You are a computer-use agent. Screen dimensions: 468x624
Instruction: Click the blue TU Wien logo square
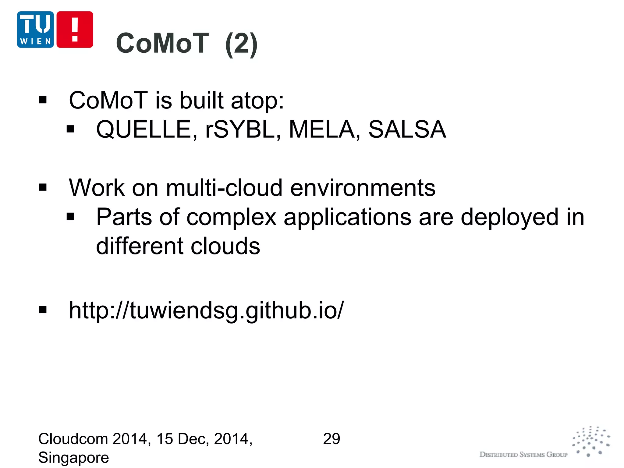pyautogui.click(x=35, y=30)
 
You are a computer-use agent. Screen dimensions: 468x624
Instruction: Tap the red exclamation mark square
pyautogui.click(x=75, y=30)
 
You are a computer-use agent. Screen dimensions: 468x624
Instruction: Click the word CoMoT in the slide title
pyautogui.click(x=162, y=43)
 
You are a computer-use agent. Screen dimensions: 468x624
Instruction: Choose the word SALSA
pyautogui.click(x=407, y=129)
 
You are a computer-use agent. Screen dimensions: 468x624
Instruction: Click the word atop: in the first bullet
pyautogui.click(x=257, y=101)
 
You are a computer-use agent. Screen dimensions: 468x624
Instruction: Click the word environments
pyautogui.click(x=363, y=188)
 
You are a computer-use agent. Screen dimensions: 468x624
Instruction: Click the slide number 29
pyautogui.click(x=331, y=439)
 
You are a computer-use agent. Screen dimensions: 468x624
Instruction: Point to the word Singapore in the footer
pyautogui.click(x=74, y=458)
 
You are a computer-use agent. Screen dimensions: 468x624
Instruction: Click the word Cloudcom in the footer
pyautogui.click(x=73, y=439)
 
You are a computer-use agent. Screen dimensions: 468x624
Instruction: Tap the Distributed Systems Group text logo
pyautogui.click(x=523, y=455)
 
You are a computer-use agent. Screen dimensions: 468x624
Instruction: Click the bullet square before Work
pyautogui.click(x=43, y=188)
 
